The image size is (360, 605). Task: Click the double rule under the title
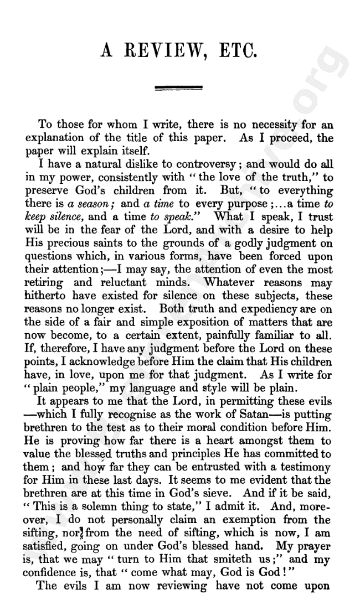pos(179,87)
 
